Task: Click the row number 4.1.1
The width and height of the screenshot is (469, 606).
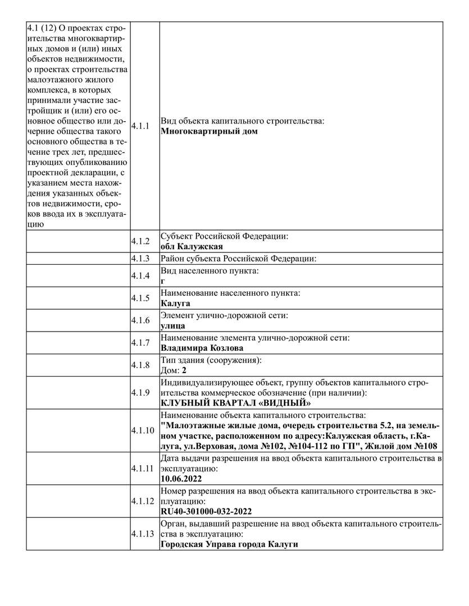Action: [140, 126]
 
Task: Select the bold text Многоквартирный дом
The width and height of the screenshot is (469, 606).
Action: [209, 132]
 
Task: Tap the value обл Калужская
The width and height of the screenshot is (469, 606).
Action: [192, 246]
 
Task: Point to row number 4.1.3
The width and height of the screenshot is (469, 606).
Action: [140, 259]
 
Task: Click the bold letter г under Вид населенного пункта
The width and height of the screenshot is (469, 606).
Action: [163, 281]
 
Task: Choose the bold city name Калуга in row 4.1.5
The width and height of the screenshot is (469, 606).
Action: [175, 303]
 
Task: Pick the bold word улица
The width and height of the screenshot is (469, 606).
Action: [173, 325]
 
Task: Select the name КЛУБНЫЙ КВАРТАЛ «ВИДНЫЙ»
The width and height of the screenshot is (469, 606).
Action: [235, 403]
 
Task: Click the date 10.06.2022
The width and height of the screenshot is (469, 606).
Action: [181, 479]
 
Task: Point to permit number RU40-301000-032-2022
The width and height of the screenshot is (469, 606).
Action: [206, 511]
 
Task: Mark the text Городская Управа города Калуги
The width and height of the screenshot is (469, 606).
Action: [229, 544]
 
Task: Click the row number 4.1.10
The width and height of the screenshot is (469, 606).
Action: [142, 430]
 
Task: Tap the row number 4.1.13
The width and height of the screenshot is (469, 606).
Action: [142, 534]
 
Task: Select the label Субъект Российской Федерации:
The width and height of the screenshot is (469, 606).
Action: [225, 237]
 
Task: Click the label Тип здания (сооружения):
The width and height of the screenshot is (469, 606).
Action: [212, 360]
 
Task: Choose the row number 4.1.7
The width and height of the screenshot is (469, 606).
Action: [140, 342]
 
